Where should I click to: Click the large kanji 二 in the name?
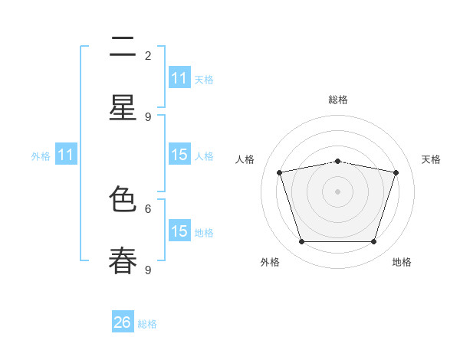(123, 46)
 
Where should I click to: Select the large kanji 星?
(123, 107)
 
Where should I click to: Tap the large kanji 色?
(123, 198)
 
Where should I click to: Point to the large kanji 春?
(123, 260)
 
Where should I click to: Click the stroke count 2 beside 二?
(148, 56)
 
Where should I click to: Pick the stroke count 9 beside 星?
(148, 117)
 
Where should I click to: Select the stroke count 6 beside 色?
(148, 209)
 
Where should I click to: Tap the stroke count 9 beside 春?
(148, 270)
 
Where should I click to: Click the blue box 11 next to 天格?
(179, 77)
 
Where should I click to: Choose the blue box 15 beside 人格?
(179, 154)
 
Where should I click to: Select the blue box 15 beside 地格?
(179, 230)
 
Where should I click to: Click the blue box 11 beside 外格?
(66, 154)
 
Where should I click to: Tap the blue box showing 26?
(123, 321)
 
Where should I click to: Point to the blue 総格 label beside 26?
(147, 324)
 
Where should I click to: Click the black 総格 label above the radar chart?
(338, 100)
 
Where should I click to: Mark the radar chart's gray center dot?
(337, 191)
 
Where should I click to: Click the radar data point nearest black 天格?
(396, 172)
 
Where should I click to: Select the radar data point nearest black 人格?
(280, 172)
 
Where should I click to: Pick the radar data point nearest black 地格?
(373, 241)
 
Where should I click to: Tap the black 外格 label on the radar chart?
(270, 262)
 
